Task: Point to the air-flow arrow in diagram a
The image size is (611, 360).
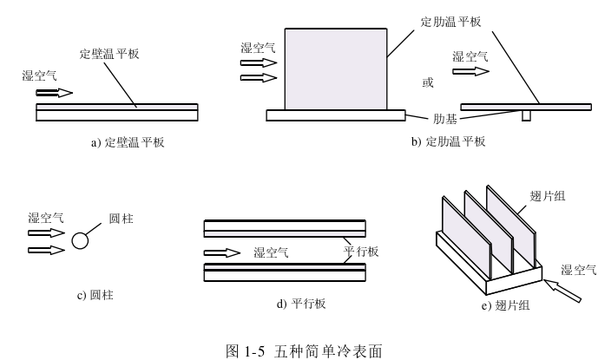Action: pos(55,93)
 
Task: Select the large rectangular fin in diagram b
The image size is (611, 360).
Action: pos(336,68)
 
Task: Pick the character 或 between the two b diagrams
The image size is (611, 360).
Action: pos(426,83)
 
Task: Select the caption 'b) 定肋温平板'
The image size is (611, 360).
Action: pos(448,142)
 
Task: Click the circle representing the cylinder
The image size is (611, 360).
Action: pos(81,240)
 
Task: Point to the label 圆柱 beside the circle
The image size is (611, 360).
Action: pos(122,219)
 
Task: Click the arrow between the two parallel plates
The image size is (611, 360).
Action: pos(221,253)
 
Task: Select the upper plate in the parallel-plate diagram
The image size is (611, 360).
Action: pos(284,228)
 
